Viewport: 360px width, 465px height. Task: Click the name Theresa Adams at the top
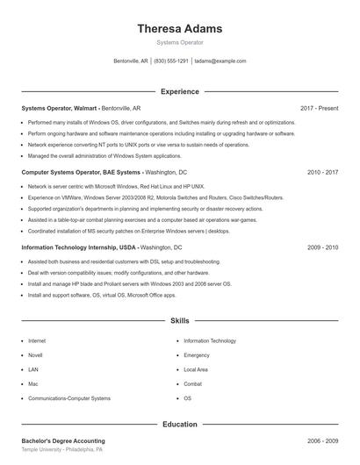(179, 28)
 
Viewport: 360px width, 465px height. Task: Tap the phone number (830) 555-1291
(171, 61)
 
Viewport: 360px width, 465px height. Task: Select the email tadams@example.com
(220, 61)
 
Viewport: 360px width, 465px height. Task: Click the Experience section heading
(179, 91)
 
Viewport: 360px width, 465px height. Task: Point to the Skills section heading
(179, 321)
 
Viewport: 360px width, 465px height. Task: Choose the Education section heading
(179, 424)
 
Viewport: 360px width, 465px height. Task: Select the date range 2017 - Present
(319, 108)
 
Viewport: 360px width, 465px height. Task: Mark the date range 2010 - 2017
(322, 173)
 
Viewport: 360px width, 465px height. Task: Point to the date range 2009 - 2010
(322, 247)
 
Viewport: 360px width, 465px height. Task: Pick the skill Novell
(35, 355)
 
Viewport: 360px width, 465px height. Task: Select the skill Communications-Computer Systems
(69, 398)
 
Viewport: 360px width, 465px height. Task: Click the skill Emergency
(197, 355)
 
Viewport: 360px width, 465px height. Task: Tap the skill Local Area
(196, 369)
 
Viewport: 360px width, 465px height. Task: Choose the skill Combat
(193, 384)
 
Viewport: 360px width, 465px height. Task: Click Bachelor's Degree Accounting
(63, 440)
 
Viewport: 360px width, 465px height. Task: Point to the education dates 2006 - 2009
(322, 440)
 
